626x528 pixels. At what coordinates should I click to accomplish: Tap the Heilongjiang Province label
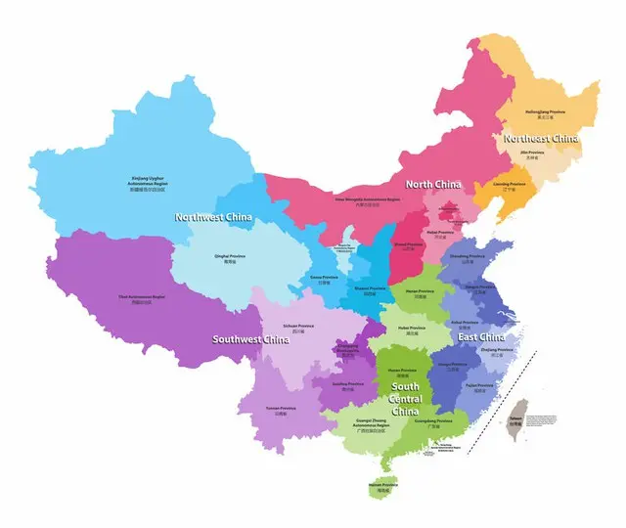pos(545,114)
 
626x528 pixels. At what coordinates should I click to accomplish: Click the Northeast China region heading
pos(541,139)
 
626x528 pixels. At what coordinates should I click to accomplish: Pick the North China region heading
pos(433,184)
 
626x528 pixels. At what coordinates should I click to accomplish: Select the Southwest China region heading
pos(251,340)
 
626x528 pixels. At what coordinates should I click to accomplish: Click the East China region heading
pos(481,337)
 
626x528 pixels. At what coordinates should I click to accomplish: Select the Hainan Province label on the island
pos(382,487)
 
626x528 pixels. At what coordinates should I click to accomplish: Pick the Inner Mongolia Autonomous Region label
pos(368,200)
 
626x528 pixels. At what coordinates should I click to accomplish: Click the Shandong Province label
pos(468,258)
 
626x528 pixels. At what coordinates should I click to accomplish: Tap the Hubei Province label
pos(411,330)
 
